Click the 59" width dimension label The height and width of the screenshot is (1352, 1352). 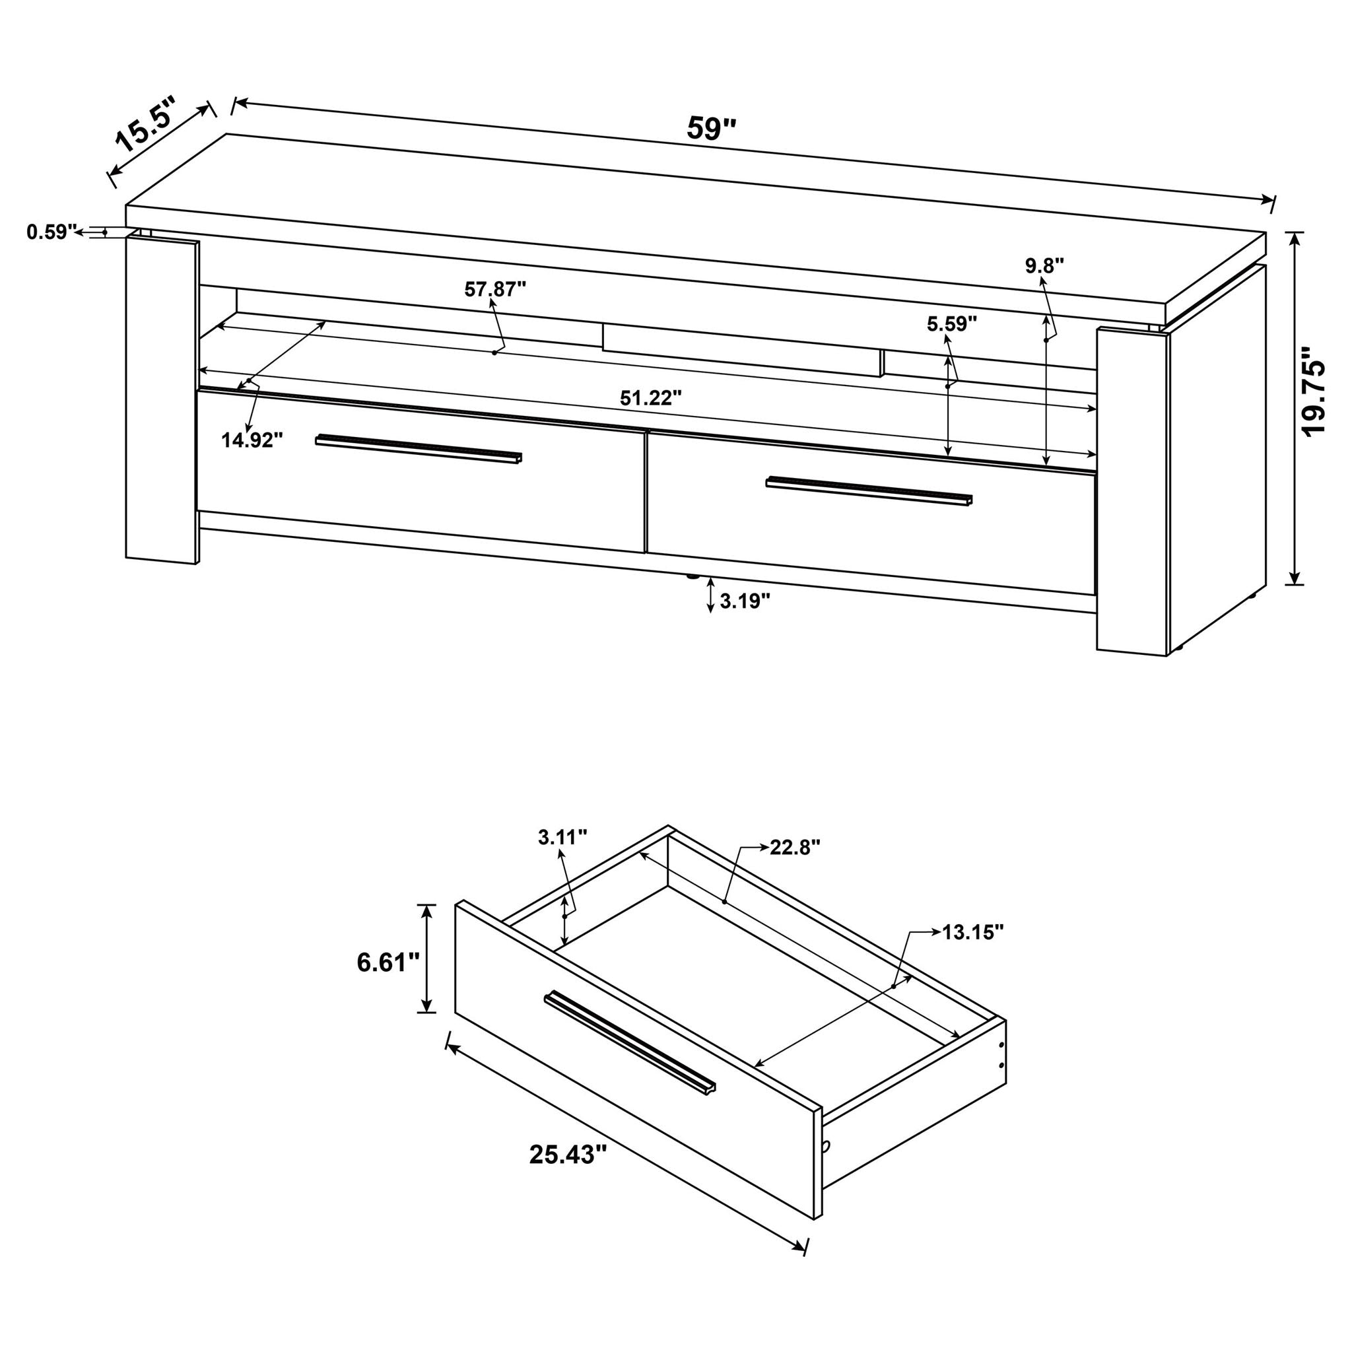click(712, 129)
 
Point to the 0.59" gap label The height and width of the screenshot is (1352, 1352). click(50, 232)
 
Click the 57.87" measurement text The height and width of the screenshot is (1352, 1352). click(494, 288)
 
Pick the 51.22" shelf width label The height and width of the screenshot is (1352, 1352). click(650, 398)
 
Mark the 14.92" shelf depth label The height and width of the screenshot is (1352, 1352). click(252, 440)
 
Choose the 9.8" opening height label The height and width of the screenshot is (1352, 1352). click(1045, 265)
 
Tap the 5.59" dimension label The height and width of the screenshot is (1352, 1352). click(952, 323)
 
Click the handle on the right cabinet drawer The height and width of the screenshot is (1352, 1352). click(869, 491)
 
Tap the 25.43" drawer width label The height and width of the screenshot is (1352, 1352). click(567, 1154)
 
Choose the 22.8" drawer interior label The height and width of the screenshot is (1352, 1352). click(795, 848)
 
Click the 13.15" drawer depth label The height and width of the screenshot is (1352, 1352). click(972, 932)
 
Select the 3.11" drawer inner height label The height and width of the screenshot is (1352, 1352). click(562, 837)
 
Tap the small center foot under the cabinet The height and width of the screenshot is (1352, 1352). click(691, 578)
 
